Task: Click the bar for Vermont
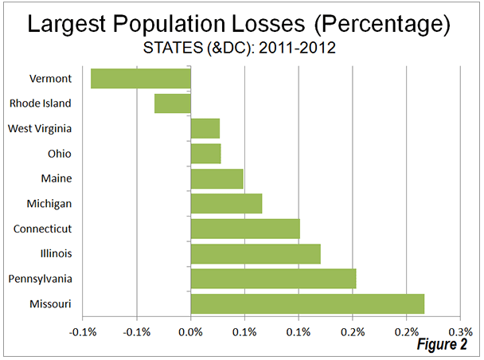[141, 78]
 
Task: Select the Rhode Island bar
[173, 103]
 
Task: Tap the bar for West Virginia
[205, 128]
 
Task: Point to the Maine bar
[217, 178]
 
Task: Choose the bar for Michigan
[227, 203]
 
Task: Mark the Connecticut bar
[245, 229]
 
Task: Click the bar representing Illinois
[256, 253]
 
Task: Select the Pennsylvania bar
[273, 279]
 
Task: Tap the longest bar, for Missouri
[307, 303]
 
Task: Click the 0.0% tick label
[191, 331]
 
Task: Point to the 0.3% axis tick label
[460, 331]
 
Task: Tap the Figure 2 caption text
[441, 345]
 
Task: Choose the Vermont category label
[50, 79]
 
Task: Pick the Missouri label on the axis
[50, 304]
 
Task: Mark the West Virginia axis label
[40, 128]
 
